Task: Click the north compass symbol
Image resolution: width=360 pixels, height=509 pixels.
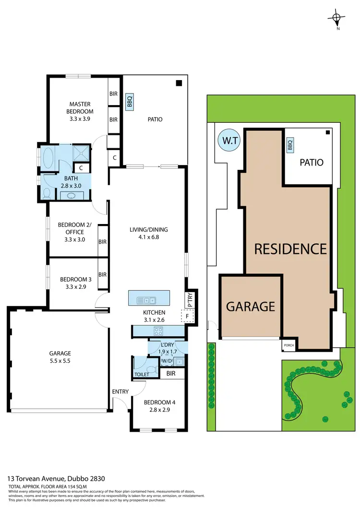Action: pos(337,19)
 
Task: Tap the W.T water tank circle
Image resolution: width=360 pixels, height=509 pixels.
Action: pos(227,141)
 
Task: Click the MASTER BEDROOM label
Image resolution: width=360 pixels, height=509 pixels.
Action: pos(80,108)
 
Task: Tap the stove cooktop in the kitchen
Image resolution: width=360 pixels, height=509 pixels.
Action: pos(158,331)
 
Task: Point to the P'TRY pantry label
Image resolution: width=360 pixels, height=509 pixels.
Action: pos(190,300)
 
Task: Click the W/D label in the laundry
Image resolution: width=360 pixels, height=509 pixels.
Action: pos(167,361)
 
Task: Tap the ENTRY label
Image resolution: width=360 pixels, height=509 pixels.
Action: pos(120,392)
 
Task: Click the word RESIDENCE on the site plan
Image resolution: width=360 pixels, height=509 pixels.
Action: pos(290,249)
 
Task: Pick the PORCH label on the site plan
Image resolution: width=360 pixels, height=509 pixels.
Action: pos(288,344)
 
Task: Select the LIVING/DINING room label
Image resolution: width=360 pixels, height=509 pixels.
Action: pos(148,233)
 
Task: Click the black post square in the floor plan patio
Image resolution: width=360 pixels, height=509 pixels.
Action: pos(179,83)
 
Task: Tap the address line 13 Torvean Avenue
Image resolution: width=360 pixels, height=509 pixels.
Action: pos(56,478)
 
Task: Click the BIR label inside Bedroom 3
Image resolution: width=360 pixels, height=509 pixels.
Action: pos(102,274)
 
